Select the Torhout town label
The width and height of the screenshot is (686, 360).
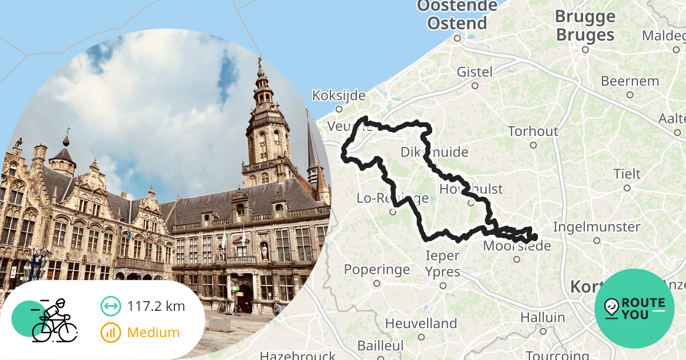pos(533,131)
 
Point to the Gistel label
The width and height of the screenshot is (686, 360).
pos(474,72)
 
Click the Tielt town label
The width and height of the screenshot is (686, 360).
pos(627,174)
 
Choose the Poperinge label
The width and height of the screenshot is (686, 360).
pos(377,269)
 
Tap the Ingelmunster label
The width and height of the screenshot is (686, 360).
pos(596,227)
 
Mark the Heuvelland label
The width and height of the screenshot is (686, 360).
pos(421,323)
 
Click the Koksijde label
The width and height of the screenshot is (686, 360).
pos(338,95)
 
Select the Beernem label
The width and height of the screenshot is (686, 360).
pos(630,81)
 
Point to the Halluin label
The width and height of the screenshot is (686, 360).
pos(543,317)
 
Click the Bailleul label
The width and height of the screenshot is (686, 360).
pos(380,346)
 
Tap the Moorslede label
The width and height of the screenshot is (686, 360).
pos(517,246)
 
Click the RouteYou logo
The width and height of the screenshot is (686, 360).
pos(634,309)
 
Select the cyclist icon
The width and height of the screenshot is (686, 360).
pos(53,321)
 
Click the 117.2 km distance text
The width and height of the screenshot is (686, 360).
pos(156,306)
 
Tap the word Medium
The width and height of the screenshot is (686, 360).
pos(153,332)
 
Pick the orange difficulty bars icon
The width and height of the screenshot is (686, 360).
pos(111,332)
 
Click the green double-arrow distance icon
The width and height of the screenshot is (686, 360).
pos(111,306)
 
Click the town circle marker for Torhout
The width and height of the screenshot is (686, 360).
pos(533,145)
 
